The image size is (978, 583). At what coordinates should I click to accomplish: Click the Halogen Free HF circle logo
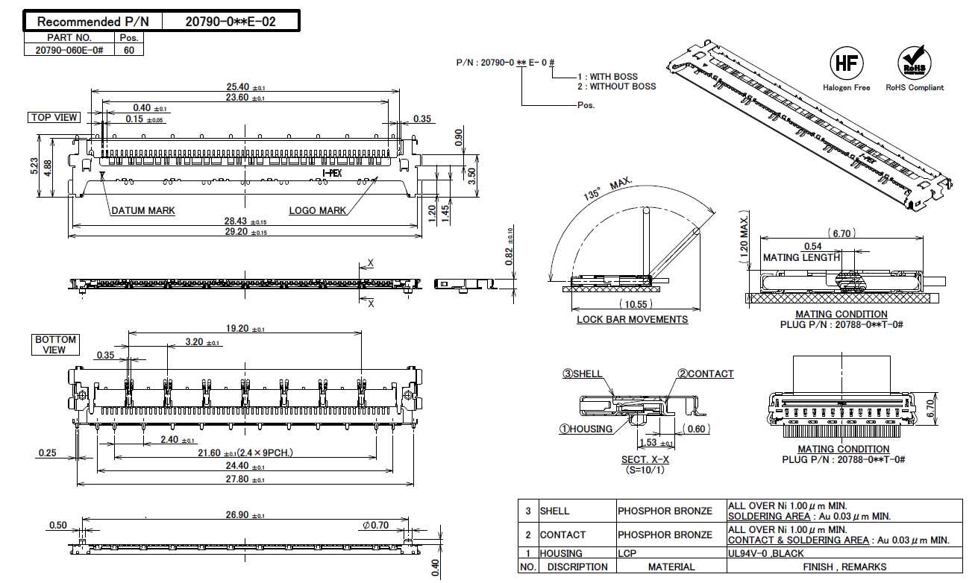pos(846,63)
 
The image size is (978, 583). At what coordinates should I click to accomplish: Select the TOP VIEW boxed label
pos(54,117)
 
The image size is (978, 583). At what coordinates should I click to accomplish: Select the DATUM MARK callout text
pos(143,211)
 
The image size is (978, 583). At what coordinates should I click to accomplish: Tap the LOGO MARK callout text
pos(317,211)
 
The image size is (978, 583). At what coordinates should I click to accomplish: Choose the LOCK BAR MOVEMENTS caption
pos(632,320)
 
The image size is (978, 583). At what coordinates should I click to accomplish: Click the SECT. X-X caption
pos(645,460)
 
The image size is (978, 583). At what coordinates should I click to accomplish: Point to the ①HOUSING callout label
pos(586,429)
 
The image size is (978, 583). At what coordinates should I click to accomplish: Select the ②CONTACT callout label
pos(705,374)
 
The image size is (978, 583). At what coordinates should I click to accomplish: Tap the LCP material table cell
pos(627,553)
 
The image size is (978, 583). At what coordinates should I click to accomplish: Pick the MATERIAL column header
pos(671,567)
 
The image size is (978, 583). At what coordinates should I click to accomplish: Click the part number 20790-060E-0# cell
pos(69,50)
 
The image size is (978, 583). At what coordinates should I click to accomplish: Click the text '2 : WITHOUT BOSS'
pos(616,86)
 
